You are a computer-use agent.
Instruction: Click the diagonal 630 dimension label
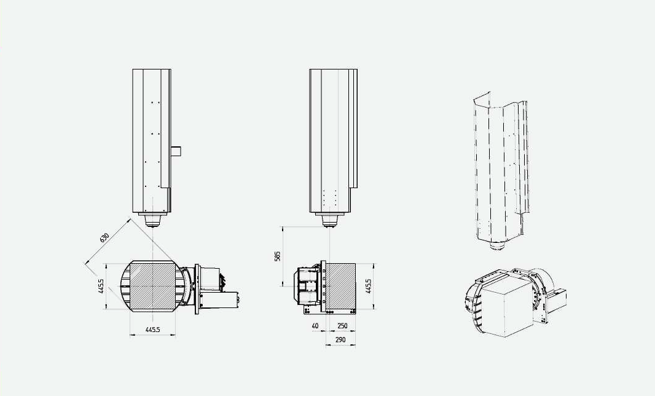[x=104, y=238]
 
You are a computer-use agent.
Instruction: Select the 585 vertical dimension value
[x=278, y=256]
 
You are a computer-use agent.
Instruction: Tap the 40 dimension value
[x=315, y=326]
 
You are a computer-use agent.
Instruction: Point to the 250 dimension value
[x=342, y=326]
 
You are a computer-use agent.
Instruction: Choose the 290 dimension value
[x=340, y=340]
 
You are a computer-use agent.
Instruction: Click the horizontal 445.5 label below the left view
[x=152, y=330]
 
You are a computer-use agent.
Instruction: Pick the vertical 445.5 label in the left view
[x=101, y=286]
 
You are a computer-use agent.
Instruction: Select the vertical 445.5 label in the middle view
[x=368, y=286]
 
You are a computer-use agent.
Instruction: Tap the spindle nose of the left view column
[x=153, y=220]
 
